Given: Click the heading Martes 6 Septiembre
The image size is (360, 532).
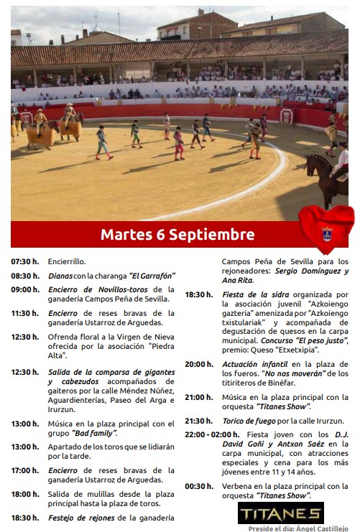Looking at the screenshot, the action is [x=177, y=235].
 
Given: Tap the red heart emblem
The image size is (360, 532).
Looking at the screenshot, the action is [x=326, y=228].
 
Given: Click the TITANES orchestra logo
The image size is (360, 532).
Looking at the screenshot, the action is [x=281, y=513].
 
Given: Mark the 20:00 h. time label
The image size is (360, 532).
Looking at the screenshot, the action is [x=199, y=364].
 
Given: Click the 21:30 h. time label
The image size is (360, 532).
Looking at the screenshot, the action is [x=199, y=421].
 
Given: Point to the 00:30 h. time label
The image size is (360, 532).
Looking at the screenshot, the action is [x=199, y=486].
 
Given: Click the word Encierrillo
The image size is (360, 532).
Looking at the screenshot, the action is [x=67, y=262].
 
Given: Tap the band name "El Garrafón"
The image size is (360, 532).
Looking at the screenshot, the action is [x=152, y=276].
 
